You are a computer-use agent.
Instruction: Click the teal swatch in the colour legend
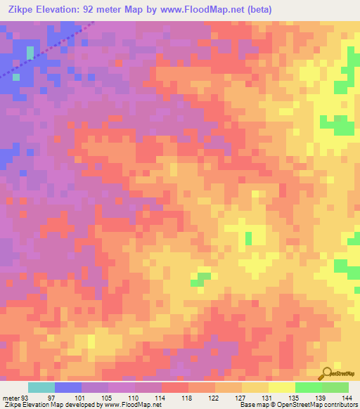click(x=41, y=387)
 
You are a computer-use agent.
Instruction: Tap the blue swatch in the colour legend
click(x=68, y=387)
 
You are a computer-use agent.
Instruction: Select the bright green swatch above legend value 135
click(x=309, y=387)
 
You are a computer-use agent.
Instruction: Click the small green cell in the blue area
click(x=30, y=52)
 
